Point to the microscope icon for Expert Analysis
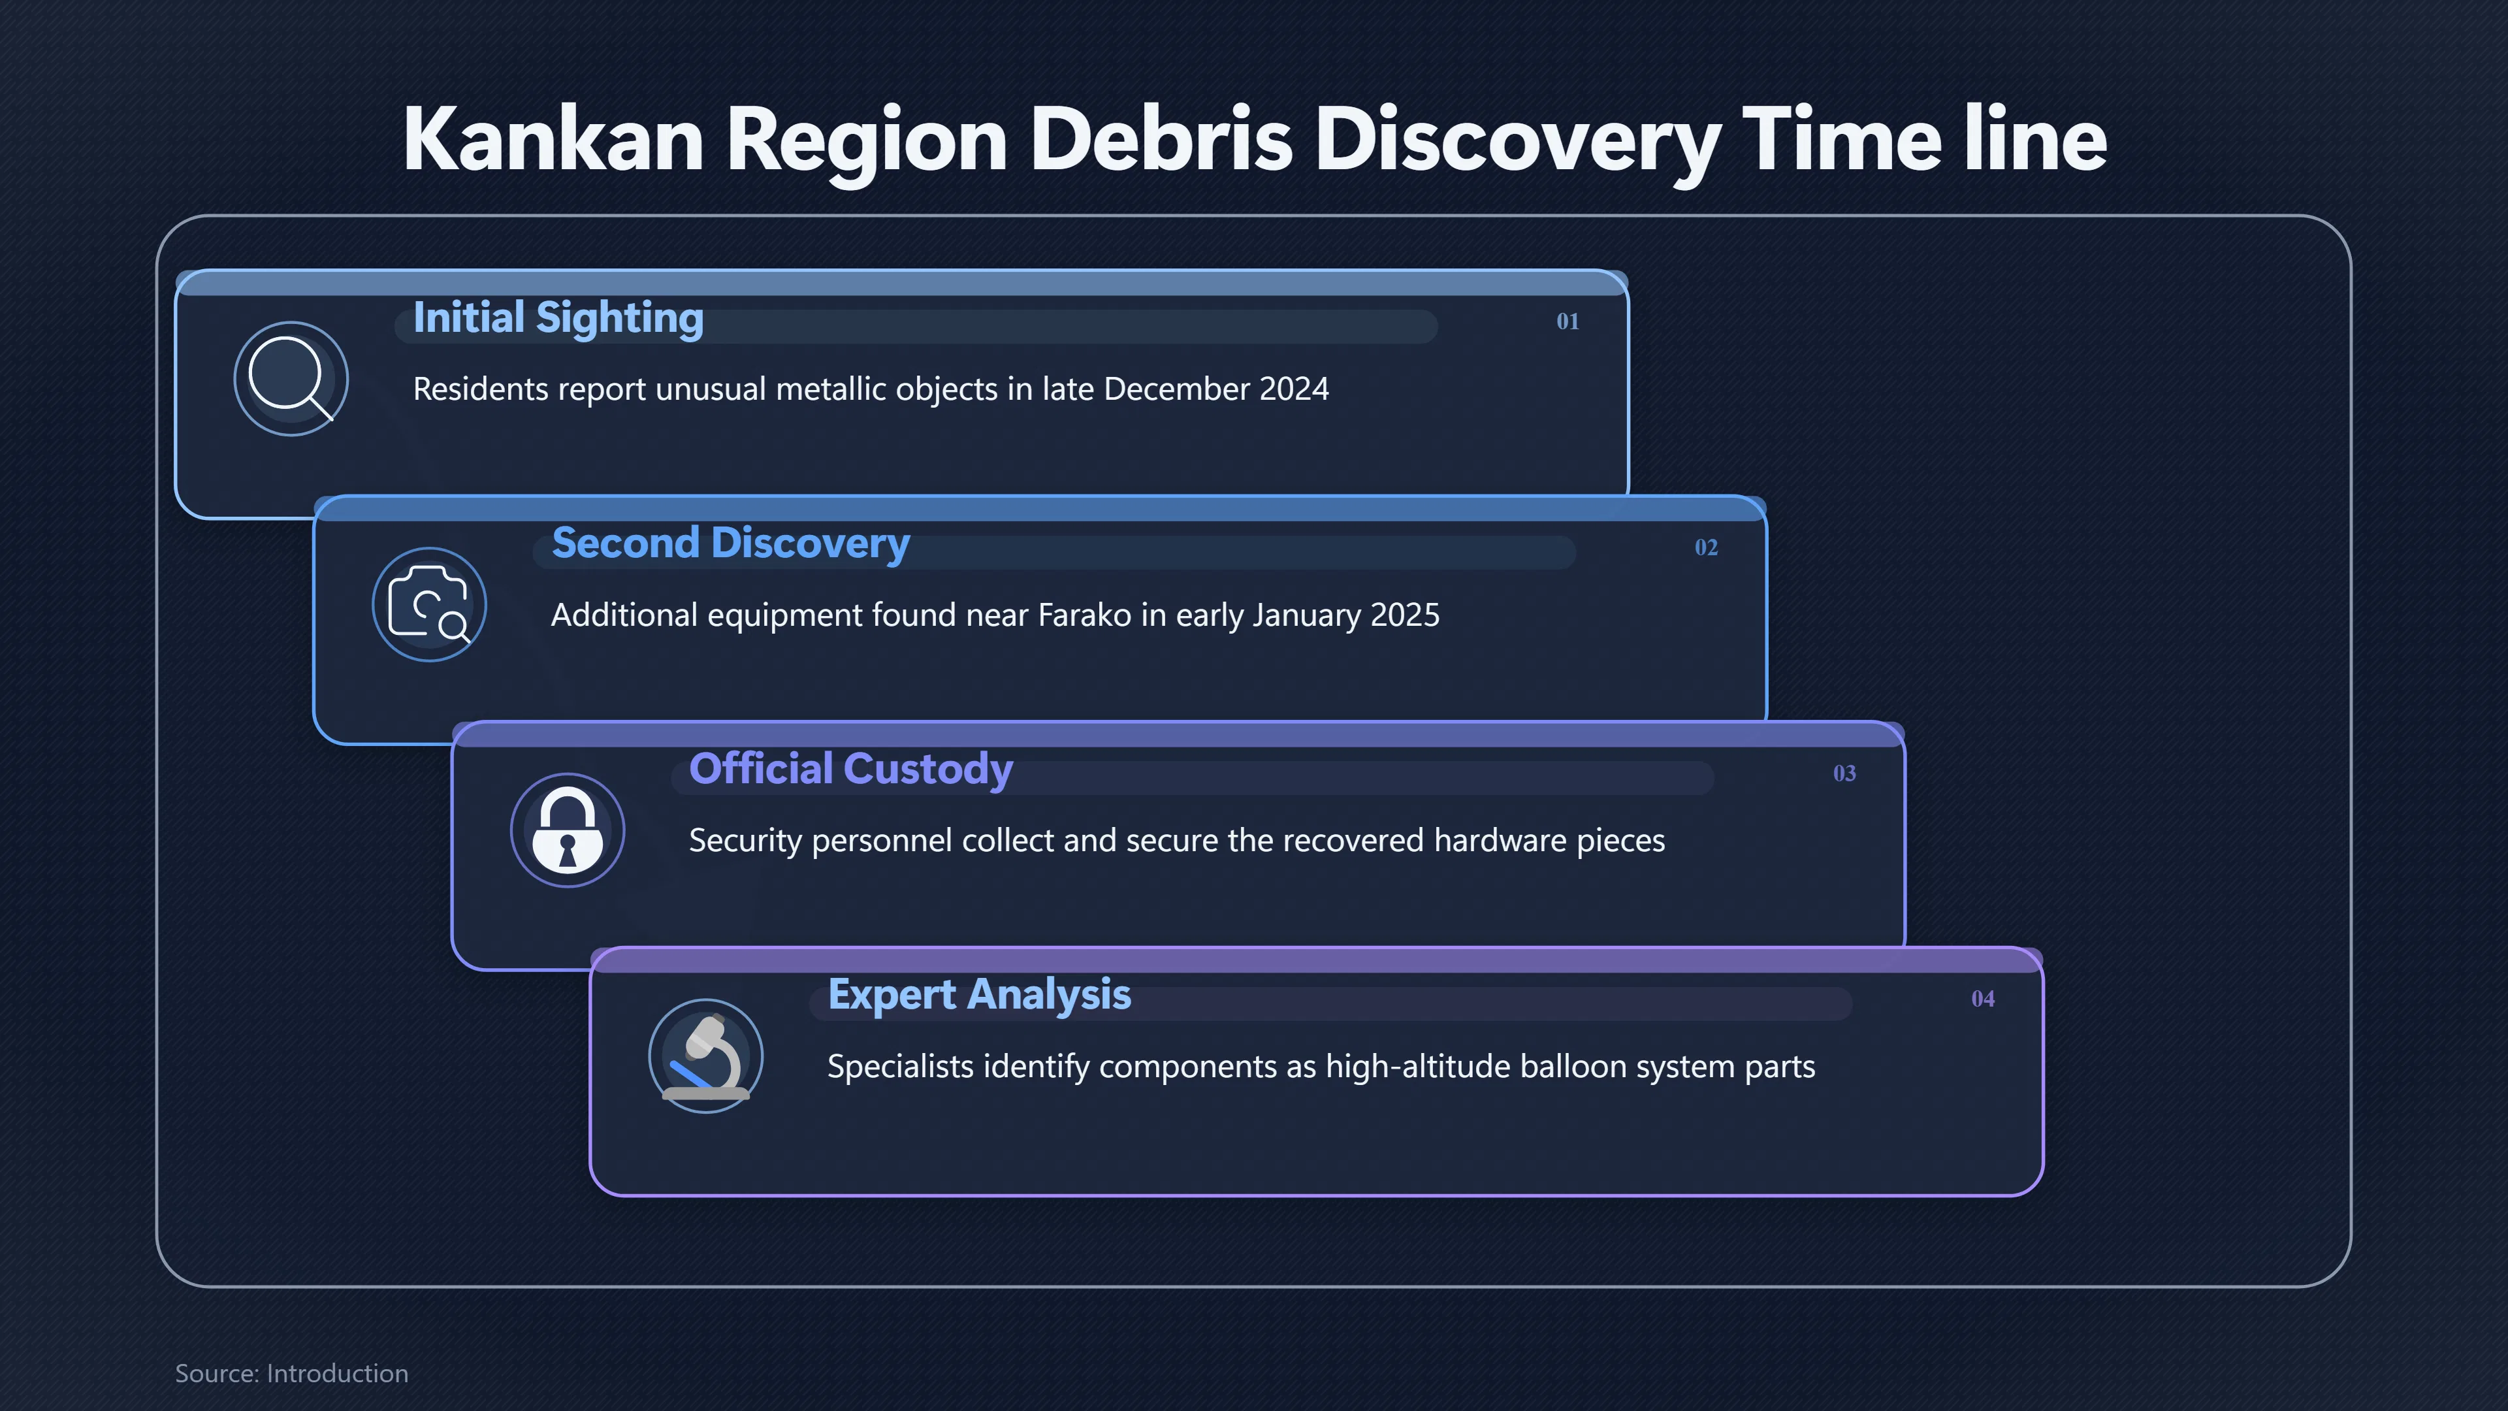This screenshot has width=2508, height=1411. (x=706, y=1056)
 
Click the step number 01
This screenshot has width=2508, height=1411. (x=1567, y=321)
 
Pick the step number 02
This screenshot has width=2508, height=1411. (x=1706, y=547)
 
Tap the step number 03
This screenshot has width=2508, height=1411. (x=1844, y=773)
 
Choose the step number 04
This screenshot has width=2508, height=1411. (x=1982, y=999)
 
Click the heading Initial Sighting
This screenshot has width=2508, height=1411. (x=558, y=318)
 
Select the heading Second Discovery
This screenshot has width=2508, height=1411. (x=730, y=543)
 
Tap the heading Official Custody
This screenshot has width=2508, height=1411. (x=851, y=770)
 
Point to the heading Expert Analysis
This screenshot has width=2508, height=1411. (x=978, y=995)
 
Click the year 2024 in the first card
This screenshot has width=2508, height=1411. (x=1294, y=389)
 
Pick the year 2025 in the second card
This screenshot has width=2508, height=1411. (x=1404, y=615)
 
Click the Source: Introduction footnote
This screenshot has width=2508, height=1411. (x=291, y=1373)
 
